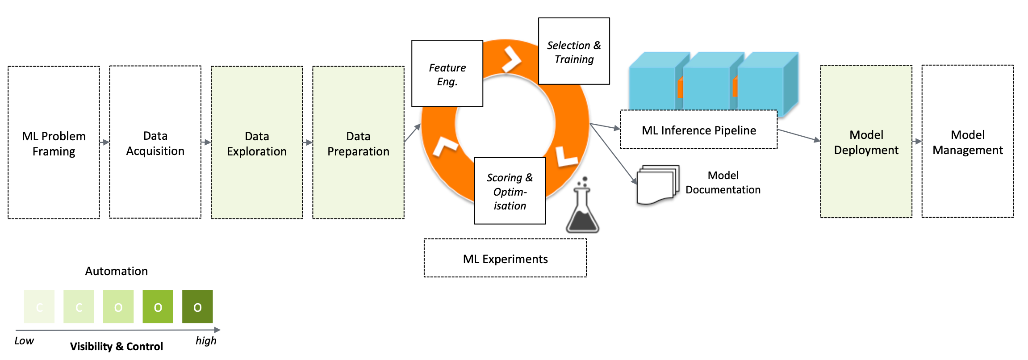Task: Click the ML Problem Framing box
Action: tap(54, 143)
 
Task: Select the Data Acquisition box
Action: tap(155, 143)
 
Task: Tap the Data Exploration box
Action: tap(257, 143)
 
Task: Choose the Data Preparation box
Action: tap(358, 143)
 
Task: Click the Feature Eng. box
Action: tap(447, 74)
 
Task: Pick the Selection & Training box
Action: tap(574, 51)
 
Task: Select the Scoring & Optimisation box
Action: tap(510, 191)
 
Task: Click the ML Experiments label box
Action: tap(505, 258)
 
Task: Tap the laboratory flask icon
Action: tap(582, 208)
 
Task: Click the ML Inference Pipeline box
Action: tap(698, 130)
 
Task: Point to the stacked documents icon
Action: tap(657, 184)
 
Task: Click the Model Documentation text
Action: tap(723, 182)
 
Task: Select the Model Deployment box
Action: tap(866, 142)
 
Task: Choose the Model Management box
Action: tap(967, 142)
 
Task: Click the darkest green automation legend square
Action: tap(197, 306)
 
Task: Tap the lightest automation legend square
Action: tap(39, 306)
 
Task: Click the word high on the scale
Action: tap(206, 341)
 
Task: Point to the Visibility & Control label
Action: tap(117, 347)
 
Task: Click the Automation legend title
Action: tap(117, 271)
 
